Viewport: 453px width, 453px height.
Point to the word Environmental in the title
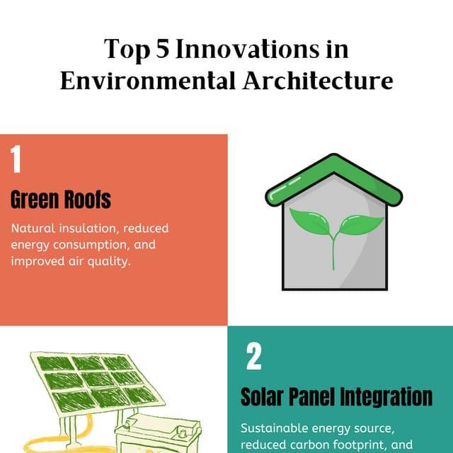tap(144, 80)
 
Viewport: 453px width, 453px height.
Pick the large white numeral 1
tap(16, 160)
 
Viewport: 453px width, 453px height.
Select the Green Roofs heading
tap(61, 200)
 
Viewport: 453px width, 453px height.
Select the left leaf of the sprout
tap(311, 225)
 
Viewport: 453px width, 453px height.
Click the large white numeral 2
tap(254, 357)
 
